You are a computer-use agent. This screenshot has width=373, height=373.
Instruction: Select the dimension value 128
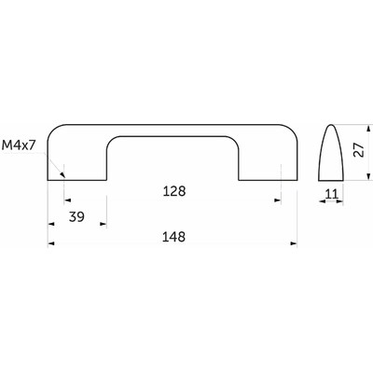point(174,191)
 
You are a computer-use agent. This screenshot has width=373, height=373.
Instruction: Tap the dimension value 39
point(76,216)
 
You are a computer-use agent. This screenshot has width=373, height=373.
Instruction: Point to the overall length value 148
point(173,237)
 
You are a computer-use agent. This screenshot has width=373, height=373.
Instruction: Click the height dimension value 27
point(359,150)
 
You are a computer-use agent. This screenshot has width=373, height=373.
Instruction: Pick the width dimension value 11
point(331,194)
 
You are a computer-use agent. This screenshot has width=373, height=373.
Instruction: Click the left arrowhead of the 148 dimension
point(51,243)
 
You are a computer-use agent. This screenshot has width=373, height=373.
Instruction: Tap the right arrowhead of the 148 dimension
point(294,243)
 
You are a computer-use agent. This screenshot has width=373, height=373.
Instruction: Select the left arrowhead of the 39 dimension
point(51,224)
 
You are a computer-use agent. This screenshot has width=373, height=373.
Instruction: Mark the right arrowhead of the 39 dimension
point(104,224)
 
